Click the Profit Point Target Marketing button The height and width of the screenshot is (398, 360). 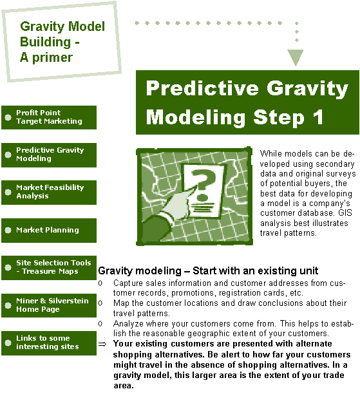pyautogui.click(x=49, y=117)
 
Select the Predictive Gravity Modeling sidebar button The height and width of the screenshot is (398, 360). pyautogui.click(x=49, y=155)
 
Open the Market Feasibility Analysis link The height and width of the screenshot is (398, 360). pyautogui.click(x=49, y=193)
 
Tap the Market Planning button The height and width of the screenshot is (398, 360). pyautogui.click(x=49, y=230)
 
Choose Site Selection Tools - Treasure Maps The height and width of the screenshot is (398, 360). pyautogui.click(x=49, y=268)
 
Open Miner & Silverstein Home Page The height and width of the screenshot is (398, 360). pyautogui.click(x=49, y=305)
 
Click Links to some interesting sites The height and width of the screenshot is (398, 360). pyautogui.click(x=49, y=343)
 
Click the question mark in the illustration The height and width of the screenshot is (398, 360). pyautogui.click(x=203, y=182)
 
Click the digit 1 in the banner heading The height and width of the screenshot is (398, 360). pyautogui.click(x=318, y=117)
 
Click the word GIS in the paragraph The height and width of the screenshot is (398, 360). pyautogui.click(x=345, y=213)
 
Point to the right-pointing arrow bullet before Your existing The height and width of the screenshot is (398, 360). pyautogui.click(x=102, y=344)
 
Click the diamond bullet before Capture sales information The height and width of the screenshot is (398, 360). pyautogui.click(x=100, y=283)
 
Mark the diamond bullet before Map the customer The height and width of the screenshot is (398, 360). pyautogui.click(x=100, y=303)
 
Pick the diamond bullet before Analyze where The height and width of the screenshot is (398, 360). pyautogui.click(x=100, y=323)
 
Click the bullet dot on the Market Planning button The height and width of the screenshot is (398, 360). pyautogui.click(x=8, y=230)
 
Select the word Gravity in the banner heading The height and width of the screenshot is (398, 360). pyautogui.click(x=307, y=89)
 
